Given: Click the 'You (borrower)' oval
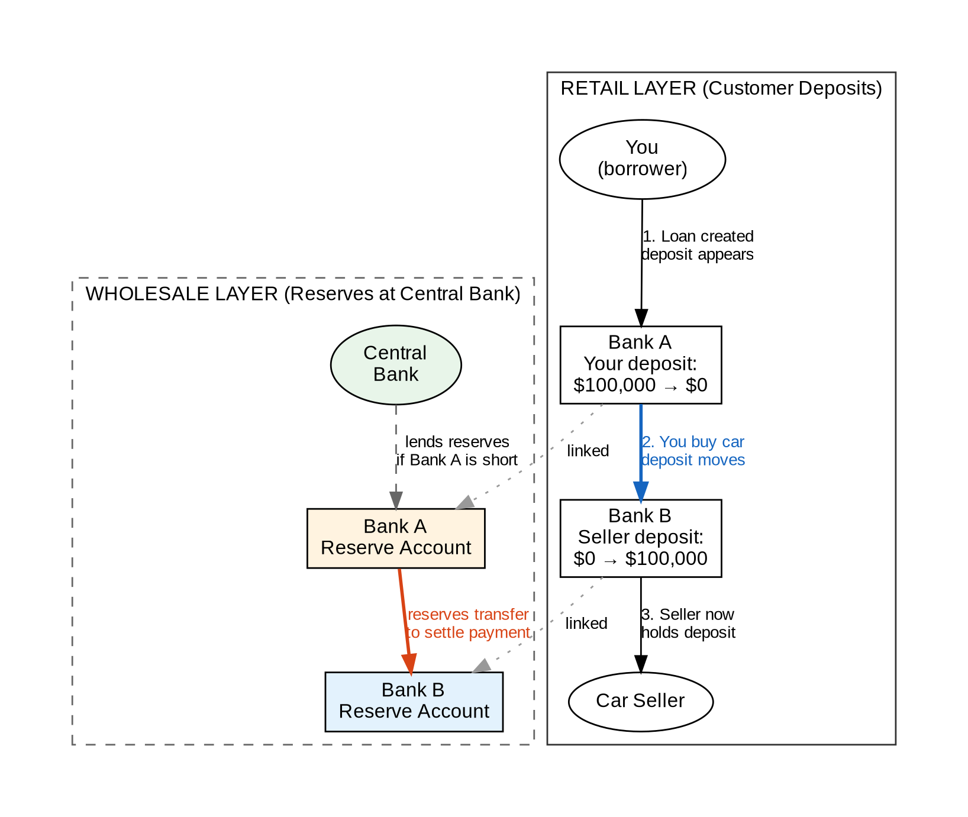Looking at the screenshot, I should pos(642,159).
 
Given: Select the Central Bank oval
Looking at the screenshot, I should pos(396,364).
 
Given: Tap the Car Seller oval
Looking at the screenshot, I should pos(640,701).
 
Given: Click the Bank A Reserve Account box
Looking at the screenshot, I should pos(396,538).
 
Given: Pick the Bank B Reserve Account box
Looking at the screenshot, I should pos(414,701).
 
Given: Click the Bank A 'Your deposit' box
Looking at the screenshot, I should pos(640,364).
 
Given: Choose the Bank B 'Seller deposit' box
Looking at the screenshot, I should pos(640,538).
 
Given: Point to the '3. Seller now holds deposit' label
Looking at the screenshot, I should pos(688,624).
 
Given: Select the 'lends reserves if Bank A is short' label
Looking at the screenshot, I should pos(457,451).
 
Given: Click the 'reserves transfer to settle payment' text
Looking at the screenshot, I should pos(468,624).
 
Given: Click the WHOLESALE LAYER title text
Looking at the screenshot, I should pos(303,294).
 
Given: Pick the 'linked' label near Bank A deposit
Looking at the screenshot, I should pos(588,451).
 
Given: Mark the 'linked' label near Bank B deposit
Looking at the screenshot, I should pos(586,624).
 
